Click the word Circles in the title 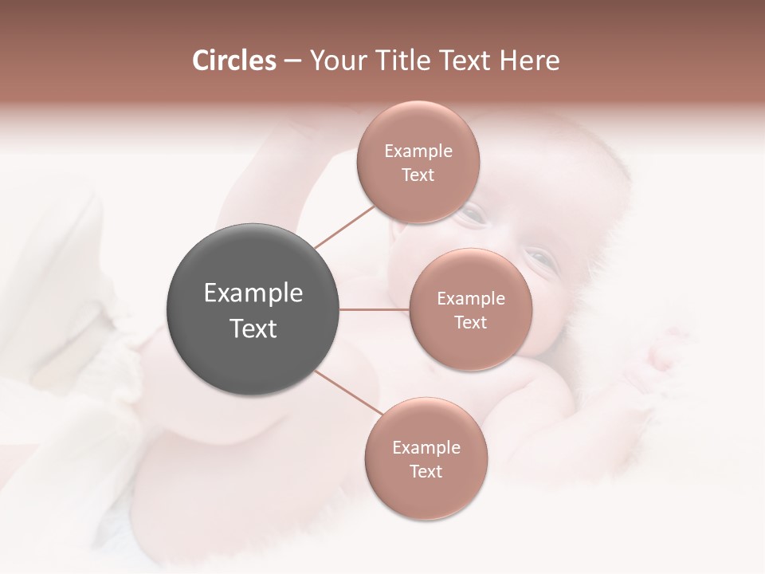pyautogui.click(x=234, y=61)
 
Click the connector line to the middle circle pyautogui.click(x=374, y=309)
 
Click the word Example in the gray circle pyautogui.click(x=253, y=293)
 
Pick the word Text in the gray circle pyautogui.click(x=253, y=328)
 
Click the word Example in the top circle pyautogui.click(x=418, y=151)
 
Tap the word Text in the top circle pyautogui.click(x=418, y=175)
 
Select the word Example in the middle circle pyautogui.click(x=470, y=299)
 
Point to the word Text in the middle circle pyautogui.click(x=470, y=322)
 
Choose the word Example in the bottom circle pyautogui.click(x=426, y=448)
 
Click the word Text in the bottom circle pyautogui.click(x=426, y=471)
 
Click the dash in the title pyautogui.click(x=292, y=61)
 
